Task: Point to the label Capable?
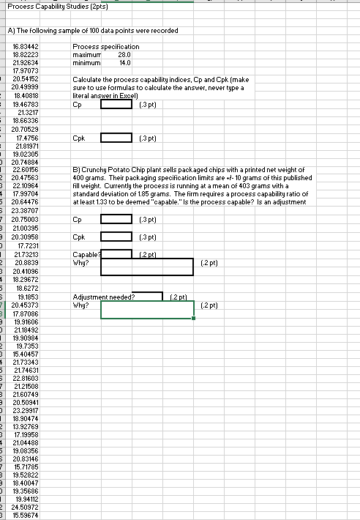coord(86,254)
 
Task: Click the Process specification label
coord(106,46)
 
